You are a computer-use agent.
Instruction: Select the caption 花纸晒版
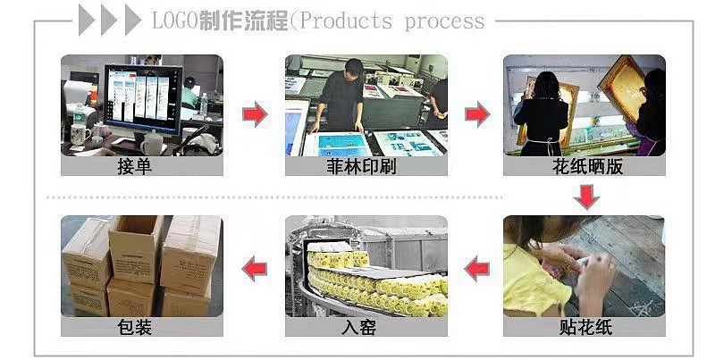pos(585,167)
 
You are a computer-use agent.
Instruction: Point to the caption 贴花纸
pos(585,327)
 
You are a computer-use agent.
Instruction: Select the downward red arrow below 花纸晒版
pos(586,197)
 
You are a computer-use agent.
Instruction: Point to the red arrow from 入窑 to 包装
pos(256,265)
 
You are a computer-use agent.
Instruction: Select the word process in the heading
pos(444,21)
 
